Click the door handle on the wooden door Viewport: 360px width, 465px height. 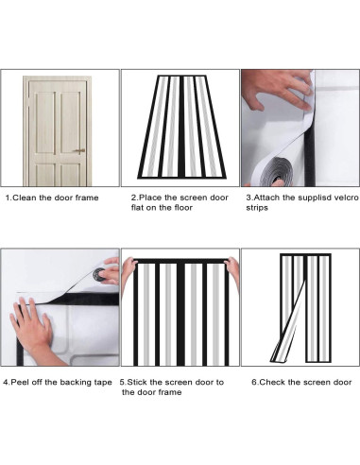point(80,151)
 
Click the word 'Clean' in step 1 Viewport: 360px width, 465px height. point(25,198)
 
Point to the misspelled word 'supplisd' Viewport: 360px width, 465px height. point(315,198)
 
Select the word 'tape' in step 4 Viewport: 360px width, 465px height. point(103,383)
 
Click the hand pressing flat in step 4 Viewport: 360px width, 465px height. point(31,331)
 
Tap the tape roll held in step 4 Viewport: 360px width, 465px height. point(99,274)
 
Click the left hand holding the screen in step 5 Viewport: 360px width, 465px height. point(129,271)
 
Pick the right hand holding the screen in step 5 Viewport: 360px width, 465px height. point(232,271)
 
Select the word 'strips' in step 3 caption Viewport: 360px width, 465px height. point(257,208)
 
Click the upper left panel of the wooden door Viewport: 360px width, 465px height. point(45,122)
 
